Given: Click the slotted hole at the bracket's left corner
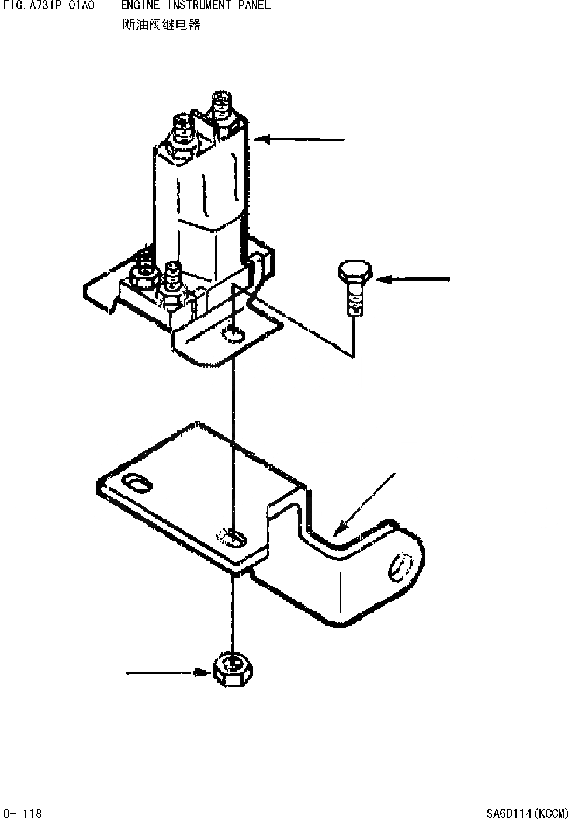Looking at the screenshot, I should pyautogui.click(x=137, y=483).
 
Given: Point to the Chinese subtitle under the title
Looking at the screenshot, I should pyautogui.click(x=161, y=25).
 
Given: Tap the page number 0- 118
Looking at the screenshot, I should pyautogui.click(x=23, y=813).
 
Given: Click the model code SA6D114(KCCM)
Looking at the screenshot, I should pyautogui.click(x=527, y=813).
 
